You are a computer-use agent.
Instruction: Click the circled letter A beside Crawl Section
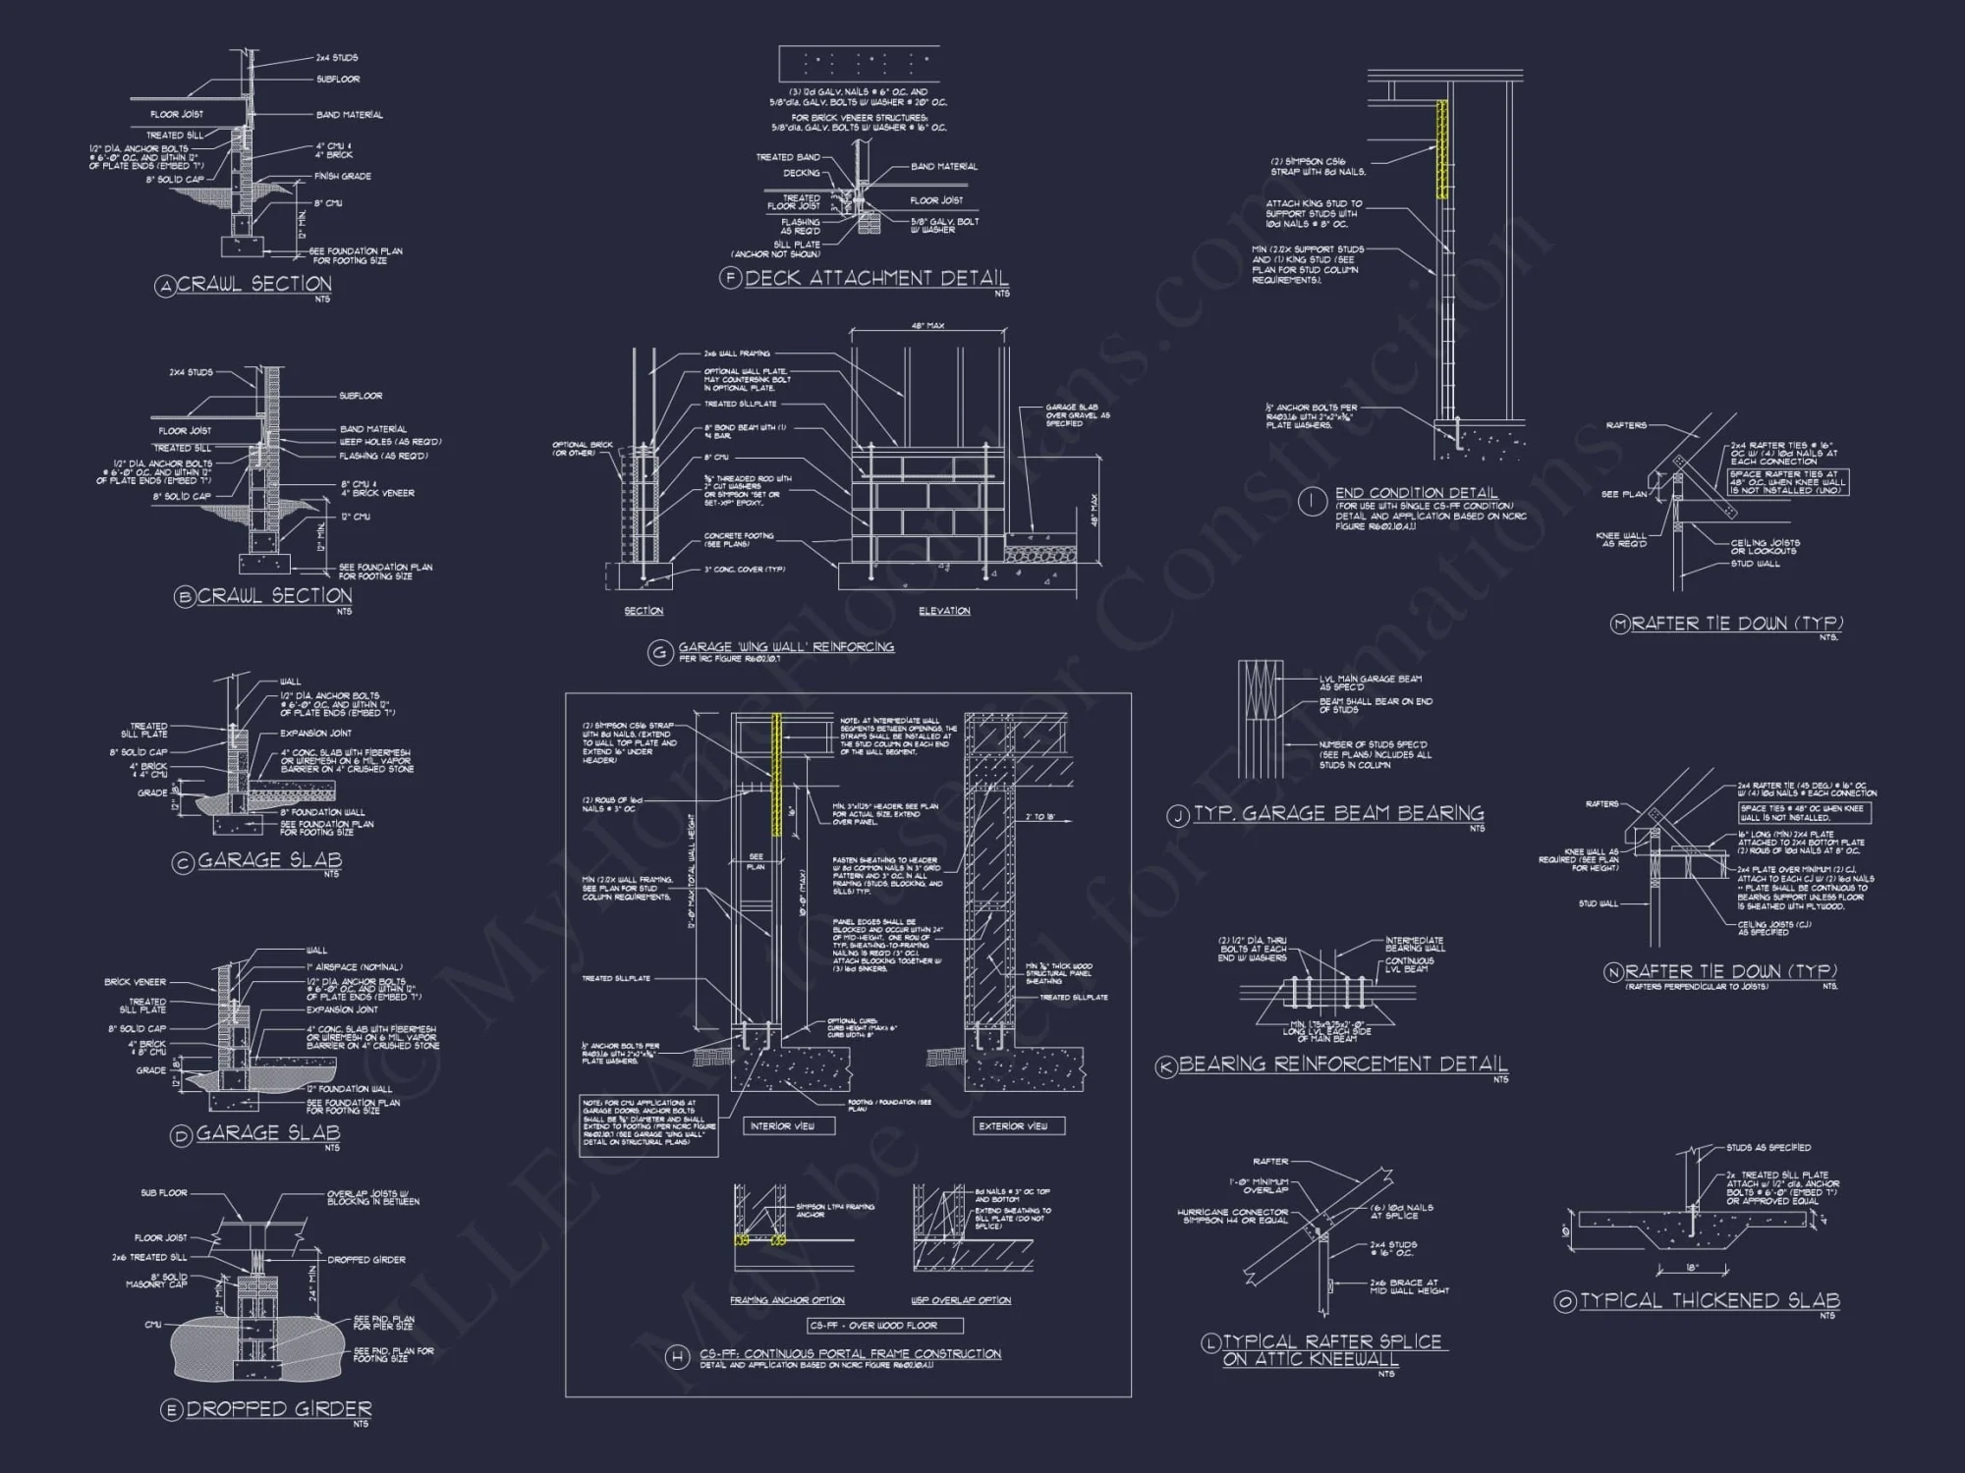pos(165,286)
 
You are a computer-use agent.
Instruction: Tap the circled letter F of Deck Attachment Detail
pos(730,278)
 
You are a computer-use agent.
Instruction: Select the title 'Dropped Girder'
pos(279,1409)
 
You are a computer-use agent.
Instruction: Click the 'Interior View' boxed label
pos(782,1126)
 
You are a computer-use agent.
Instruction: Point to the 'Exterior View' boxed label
pos(1013,1126)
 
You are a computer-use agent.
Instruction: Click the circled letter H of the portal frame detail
pos(677,1358)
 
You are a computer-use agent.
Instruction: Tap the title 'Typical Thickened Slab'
pos(1710,1301)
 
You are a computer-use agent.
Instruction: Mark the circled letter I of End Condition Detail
pos(1312,502)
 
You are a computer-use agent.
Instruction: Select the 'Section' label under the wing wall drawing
pos(644,611)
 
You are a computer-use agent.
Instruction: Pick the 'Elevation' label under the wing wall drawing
pos(944,611)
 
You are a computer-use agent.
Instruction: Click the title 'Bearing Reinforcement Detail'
pos(1343,1064)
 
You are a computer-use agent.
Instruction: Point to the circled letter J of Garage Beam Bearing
pos(1178,815)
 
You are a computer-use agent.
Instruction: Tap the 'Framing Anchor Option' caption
pos(787,1300)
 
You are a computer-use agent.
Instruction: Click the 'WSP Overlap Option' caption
pos(961,1300)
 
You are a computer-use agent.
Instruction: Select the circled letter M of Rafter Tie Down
pos(1620,625)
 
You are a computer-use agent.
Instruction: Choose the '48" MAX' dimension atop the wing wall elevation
pos(927,326)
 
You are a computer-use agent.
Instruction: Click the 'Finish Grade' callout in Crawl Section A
pos(342,177)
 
